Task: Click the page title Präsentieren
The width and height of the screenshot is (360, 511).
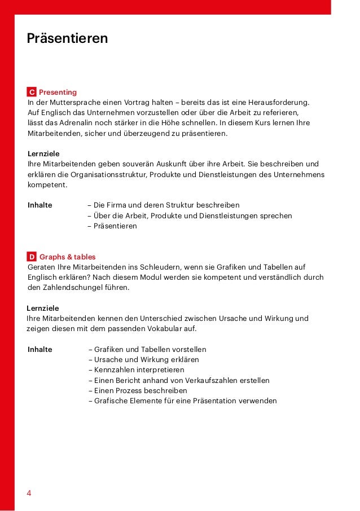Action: [67, 39]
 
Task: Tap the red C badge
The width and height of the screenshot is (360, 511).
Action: [32, 92]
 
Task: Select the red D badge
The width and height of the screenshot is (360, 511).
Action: [32, 257]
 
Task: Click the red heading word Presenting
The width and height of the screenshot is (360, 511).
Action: [58, 92]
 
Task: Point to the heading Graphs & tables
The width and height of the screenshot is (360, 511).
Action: [68, 257]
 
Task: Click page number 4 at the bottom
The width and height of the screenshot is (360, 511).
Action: [29, 493]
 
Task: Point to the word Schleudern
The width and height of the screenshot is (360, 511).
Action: [169, 267]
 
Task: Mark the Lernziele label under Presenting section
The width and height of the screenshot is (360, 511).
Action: [43, 154]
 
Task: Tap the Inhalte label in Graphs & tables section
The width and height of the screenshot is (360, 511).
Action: [40, 350]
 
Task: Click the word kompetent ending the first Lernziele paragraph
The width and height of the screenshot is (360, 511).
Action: [47, 184]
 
